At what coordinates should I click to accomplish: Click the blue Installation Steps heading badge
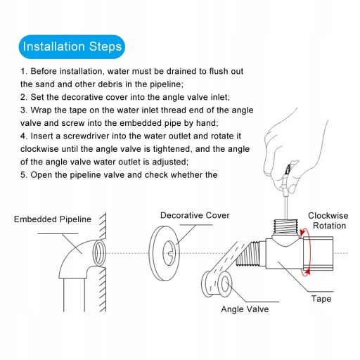[x=72, y=46]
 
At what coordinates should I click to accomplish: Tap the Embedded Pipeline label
[x=53, y=219]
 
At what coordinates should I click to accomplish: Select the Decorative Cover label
[x=195, y=215]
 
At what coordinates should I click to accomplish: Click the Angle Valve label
[x=245, y=309]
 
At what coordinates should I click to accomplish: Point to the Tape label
[x=321, y=299]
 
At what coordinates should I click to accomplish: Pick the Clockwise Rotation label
[x=328, y=221]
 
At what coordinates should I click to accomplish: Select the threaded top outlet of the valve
[x=286, y=226]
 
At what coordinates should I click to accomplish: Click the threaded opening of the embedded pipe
[x=99, y=252]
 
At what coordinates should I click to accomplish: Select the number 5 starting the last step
[x=23, y=175]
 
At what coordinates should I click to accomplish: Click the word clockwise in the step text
[x=39, y=149]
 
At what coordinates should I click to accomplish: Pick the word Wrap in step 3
[x=41, y=110]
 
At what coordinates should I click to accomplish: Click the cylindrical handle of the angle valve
[x=318, y=254]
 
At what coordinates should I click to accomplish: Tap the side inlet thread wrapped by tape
[x=248, y=254]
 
